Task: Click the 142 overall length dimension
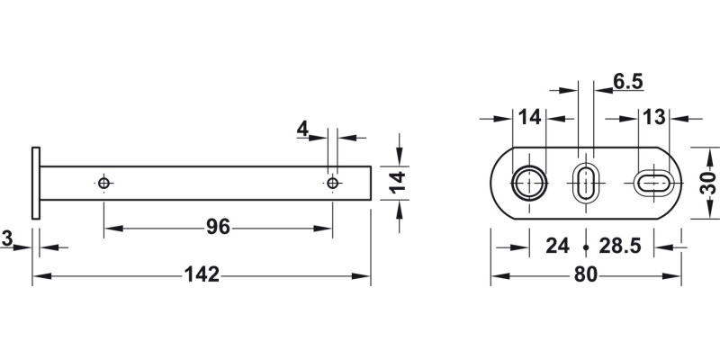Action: point(202,274)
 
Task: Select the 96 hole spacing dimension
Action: point(218,227)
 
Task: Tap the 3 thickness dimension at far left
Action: point(6,238)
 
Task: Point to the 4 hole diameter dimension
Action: point(302,130)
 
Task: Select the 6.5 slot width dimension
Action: point(627,82)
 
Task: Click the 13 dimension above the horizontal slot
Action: point(653,117)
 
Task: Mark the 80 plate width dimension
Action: point(585,274)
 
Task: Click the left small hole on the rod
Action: point(104,184)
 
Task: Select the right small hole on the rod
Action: point(333,184)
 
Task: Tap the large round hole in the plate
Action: point(528,183)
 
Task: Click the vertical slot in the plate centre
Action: point(585,183)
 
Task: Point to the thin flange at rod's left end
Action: point(36,183)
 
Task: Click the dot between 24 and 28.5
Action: point(586,247)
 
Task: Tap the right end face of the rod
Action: point(370,183)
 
